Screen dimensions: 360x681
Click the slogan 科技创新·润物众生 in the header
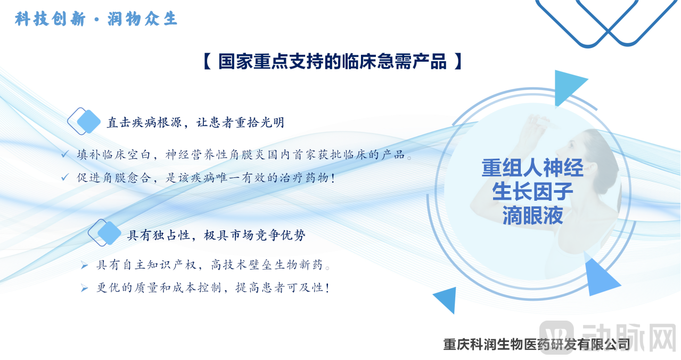96,20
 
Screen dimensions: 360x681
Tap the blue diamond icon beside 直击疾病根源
85,121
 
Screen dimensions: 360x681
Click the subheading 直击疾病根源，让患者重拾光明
195,122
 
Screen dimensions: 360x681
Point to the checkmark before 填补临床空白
64,154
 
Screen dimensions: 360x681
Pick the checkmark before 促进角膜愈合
64,177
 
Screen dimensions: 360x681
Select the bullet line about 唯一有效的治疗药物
206,178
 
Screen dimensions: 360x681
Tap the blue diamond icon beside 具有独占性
105,233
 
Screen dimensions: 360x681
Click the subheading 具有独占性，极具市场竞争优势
216,235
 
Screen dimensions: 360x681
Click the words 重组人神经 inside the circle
532,168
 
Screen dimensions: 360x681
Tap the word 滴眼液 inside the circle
532,216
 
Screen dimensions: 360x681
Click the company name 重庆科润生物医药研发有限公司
536,345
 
